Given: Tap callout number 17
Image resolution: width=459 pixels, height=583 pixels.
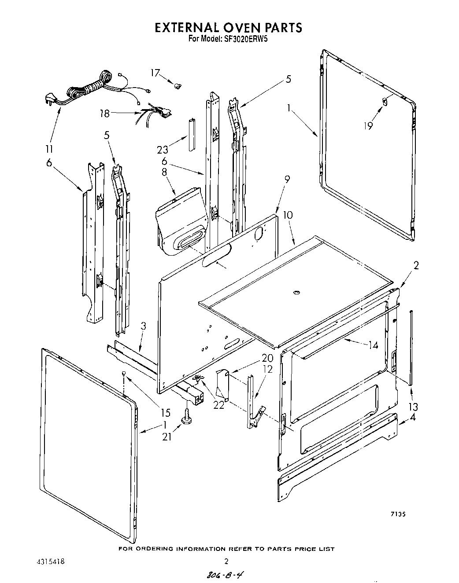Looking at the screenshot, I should (x=155, y=73).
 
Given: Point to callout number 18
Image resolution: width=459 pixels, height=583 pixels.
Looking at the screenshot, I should (x=104, y=113).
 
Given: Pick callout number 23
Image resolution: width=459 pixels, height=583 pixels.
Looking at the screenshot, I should (x=163, y=150).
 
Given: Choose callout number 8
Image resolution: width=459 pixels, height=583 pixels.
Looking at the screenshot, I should (x=164, y=172).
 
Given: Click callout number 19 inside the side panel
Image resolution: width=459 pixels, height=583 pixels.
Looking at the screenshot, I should (x=368, y=125).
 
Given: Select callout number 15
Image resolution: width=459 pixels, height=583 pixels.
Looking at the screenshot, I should (x=165, y=413).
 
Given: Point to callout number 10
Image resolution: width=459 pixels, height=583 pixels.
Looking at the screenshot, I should (x=288, y=216).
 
